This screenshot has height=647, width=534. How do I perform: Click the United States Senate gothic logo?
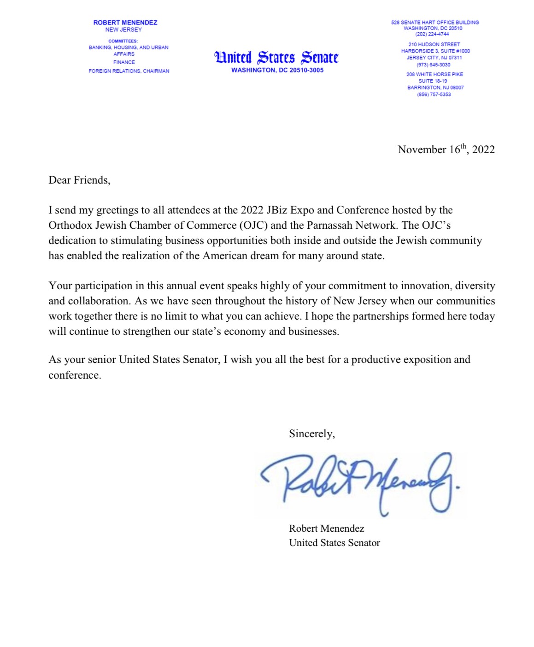pyautogui.click(x=276, y=58)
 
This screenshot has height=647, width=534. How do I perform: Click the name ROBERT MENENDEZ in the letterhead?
pyautogui.click(x=125, y=23)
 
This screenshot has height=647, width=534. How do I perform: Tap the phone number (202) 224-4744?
pyautogui.click(x=432, y=34)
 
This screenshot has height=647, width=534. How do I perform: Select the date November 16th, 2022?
pyautogui.click(x=446, y=149)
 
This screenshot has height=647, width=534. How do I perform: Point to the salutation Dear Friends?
pyautogui.click(x=79, y=180)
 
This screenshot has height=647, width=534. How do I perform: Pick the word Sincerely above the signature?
pyautogui.click(x=311, y=433)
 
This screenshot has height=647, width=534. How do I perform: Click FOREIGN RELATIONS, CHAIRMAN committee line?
pyautogui.click(x=129, y=71)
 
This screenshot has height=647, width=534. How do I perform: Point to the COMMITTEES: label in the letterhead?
pyautogui.click(x=123, y=41)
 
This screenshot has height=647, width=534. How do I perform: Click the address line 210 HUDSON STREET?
pyautogui.click(x=434, y=44)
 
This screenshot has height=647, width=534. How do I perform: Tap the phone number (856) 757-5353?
pyautogui.click(x=434, y=95)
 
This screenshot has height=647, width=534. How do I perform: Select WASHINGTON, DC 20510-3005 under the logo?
pyautogui.click(x=277, y=71)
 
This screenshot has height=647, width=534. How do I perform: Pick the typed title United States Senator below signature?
pyautogui.click(x=334, y=543)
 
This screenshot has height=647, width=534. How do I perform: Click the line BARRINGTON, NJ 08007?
pyautogui.click(x=435, y=88)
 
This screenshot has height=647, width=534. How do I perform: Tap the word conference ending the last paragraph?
pyautogui.click(x=74, y=375)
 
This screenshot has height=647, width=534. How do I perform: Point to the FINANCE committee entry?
pyautogui.click(x=124, y=62)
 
